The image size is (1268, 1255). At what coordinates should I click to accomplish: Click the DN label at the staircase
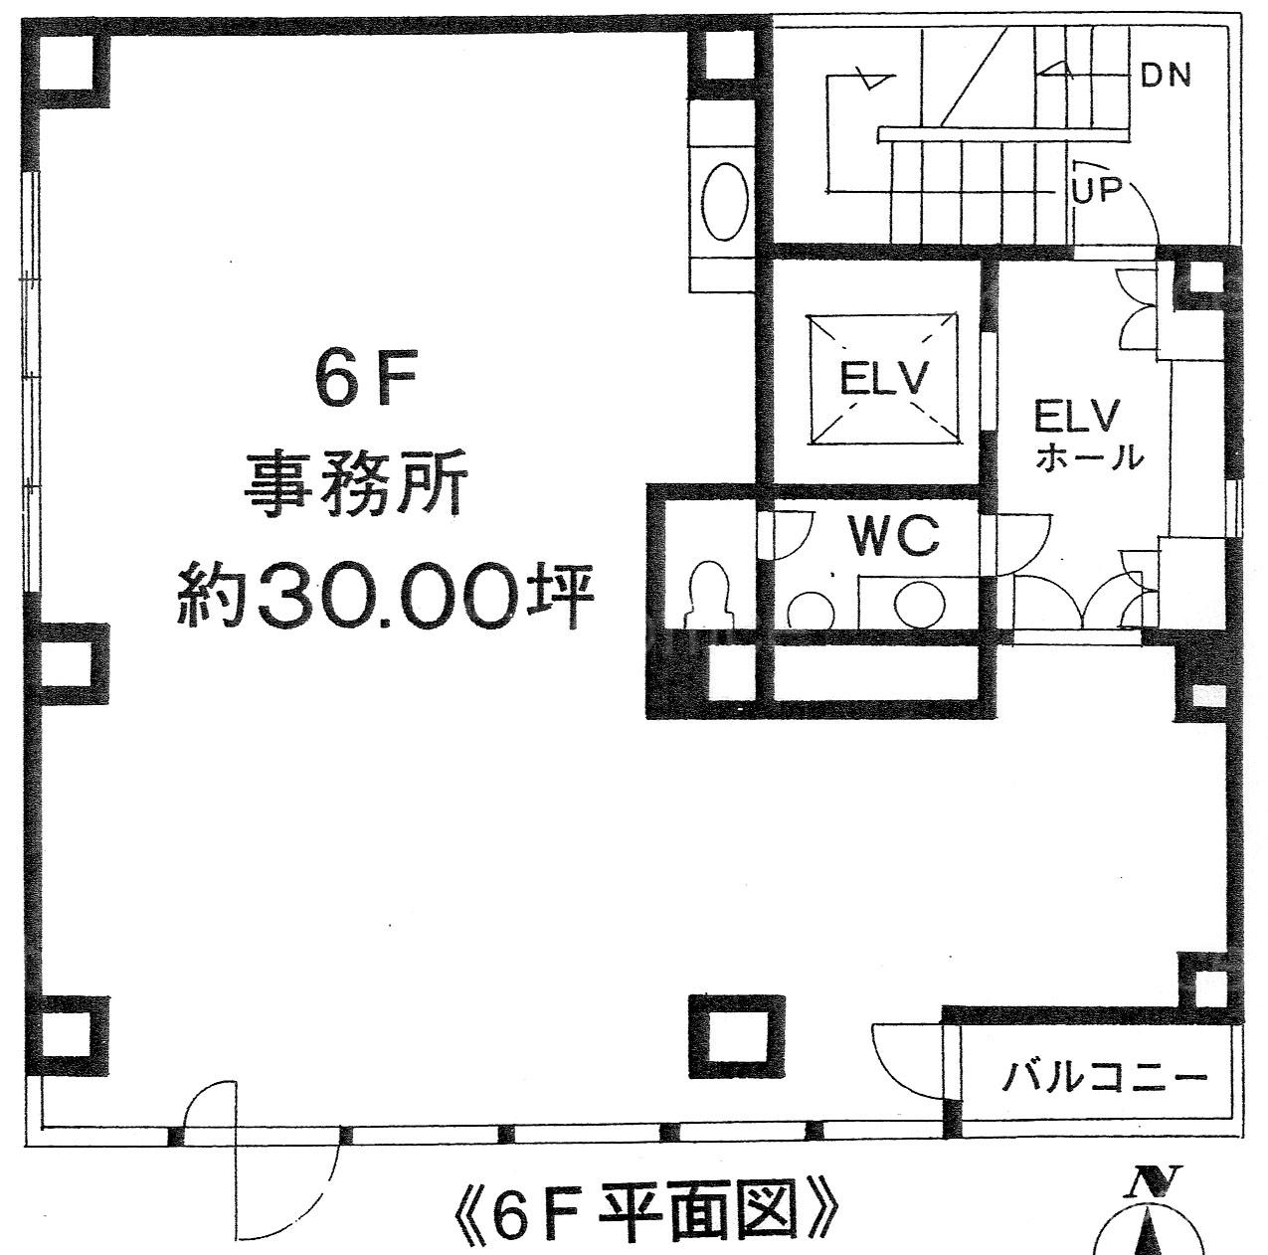click(x=1166, y=76)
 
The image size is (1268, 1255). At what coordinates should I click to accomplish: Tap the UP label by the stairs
click(x=1096, y=190)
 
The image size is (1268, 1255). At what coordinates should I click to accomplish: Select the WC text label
click(x=893, y=536)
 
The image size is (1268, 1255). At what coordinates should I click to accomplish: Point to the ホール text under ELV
click(x=1090, y=458)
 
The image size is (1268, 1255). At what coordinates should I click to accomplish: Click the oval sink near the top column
click(x=724, y=202)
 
